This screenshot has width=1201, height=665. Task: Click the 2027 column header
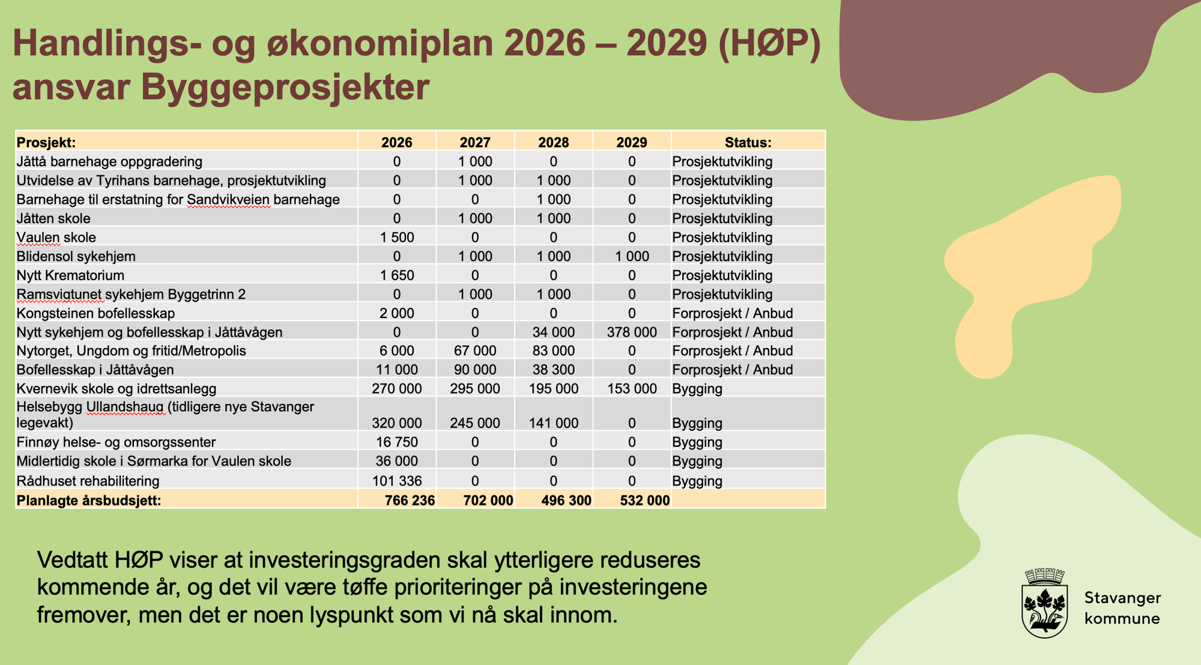click(x=475, y=142)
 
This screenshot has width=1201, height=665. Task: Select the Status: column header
click(x=748, y=142)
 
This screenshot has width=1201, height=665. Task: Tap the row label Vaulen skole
click(x=56, y=237)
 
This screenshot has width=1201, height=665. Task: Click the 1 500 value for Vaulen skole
click(x=397, y=237)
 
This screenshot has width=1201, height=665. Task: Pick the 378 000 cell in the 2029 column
click(x=632, y=332)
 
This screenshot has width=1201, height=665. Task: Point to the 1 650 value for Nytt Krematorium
click(x=397, y=275)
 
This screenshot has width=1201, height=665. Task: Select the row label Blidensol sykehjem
click(x=76, y=256)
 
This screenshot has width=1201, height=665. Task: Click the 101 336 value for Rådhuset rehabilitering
click(x=397, y=481)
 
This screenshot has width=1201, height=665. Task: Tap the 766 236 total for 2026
click(x=410, y=500)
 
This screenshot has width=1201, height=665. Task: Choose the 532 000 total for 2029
click(x=644, y=500)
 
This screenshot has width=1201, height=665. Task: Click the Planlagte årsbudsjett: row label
click(x=89, y=500)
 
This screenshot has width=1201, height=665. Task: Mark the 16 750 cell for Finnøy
click(x=397, y=442)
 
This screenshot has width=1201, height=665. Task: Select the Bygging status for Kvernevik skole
click(x=697, y=388)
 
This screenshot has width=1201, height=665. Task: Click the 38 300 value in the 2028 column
click(x=553, y=370)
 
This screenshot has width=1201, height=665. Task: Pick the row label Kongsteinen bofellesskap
click(x=95, y=313)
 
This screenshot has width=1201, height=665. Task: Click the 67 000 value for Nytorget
click(x=475, y=351)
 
